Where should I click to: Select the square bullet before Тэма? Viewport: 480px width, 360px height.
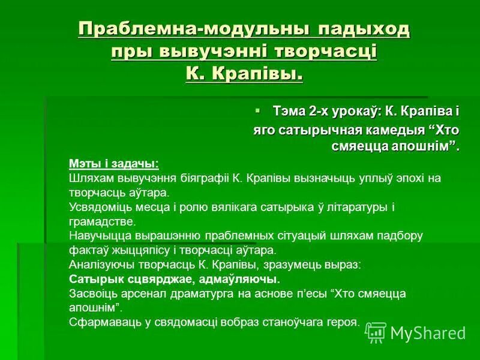pos(258,111)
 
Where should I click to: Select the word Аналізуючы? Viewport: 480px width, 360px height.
pos(100,265)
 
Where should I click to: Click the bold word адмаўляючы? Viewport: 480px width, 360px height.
pos(245,279)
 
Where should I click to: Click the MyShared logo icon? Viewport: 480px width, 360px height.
pos(376,332)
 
